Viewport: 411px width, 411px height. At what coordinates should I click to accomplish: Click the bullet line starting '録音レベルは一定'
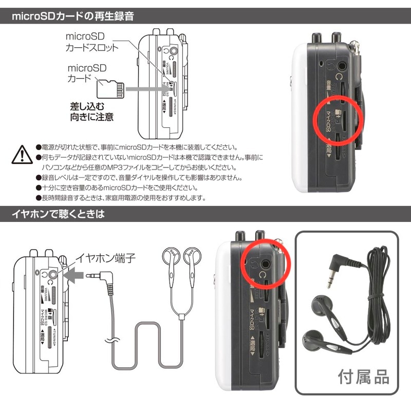[139, 178]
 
